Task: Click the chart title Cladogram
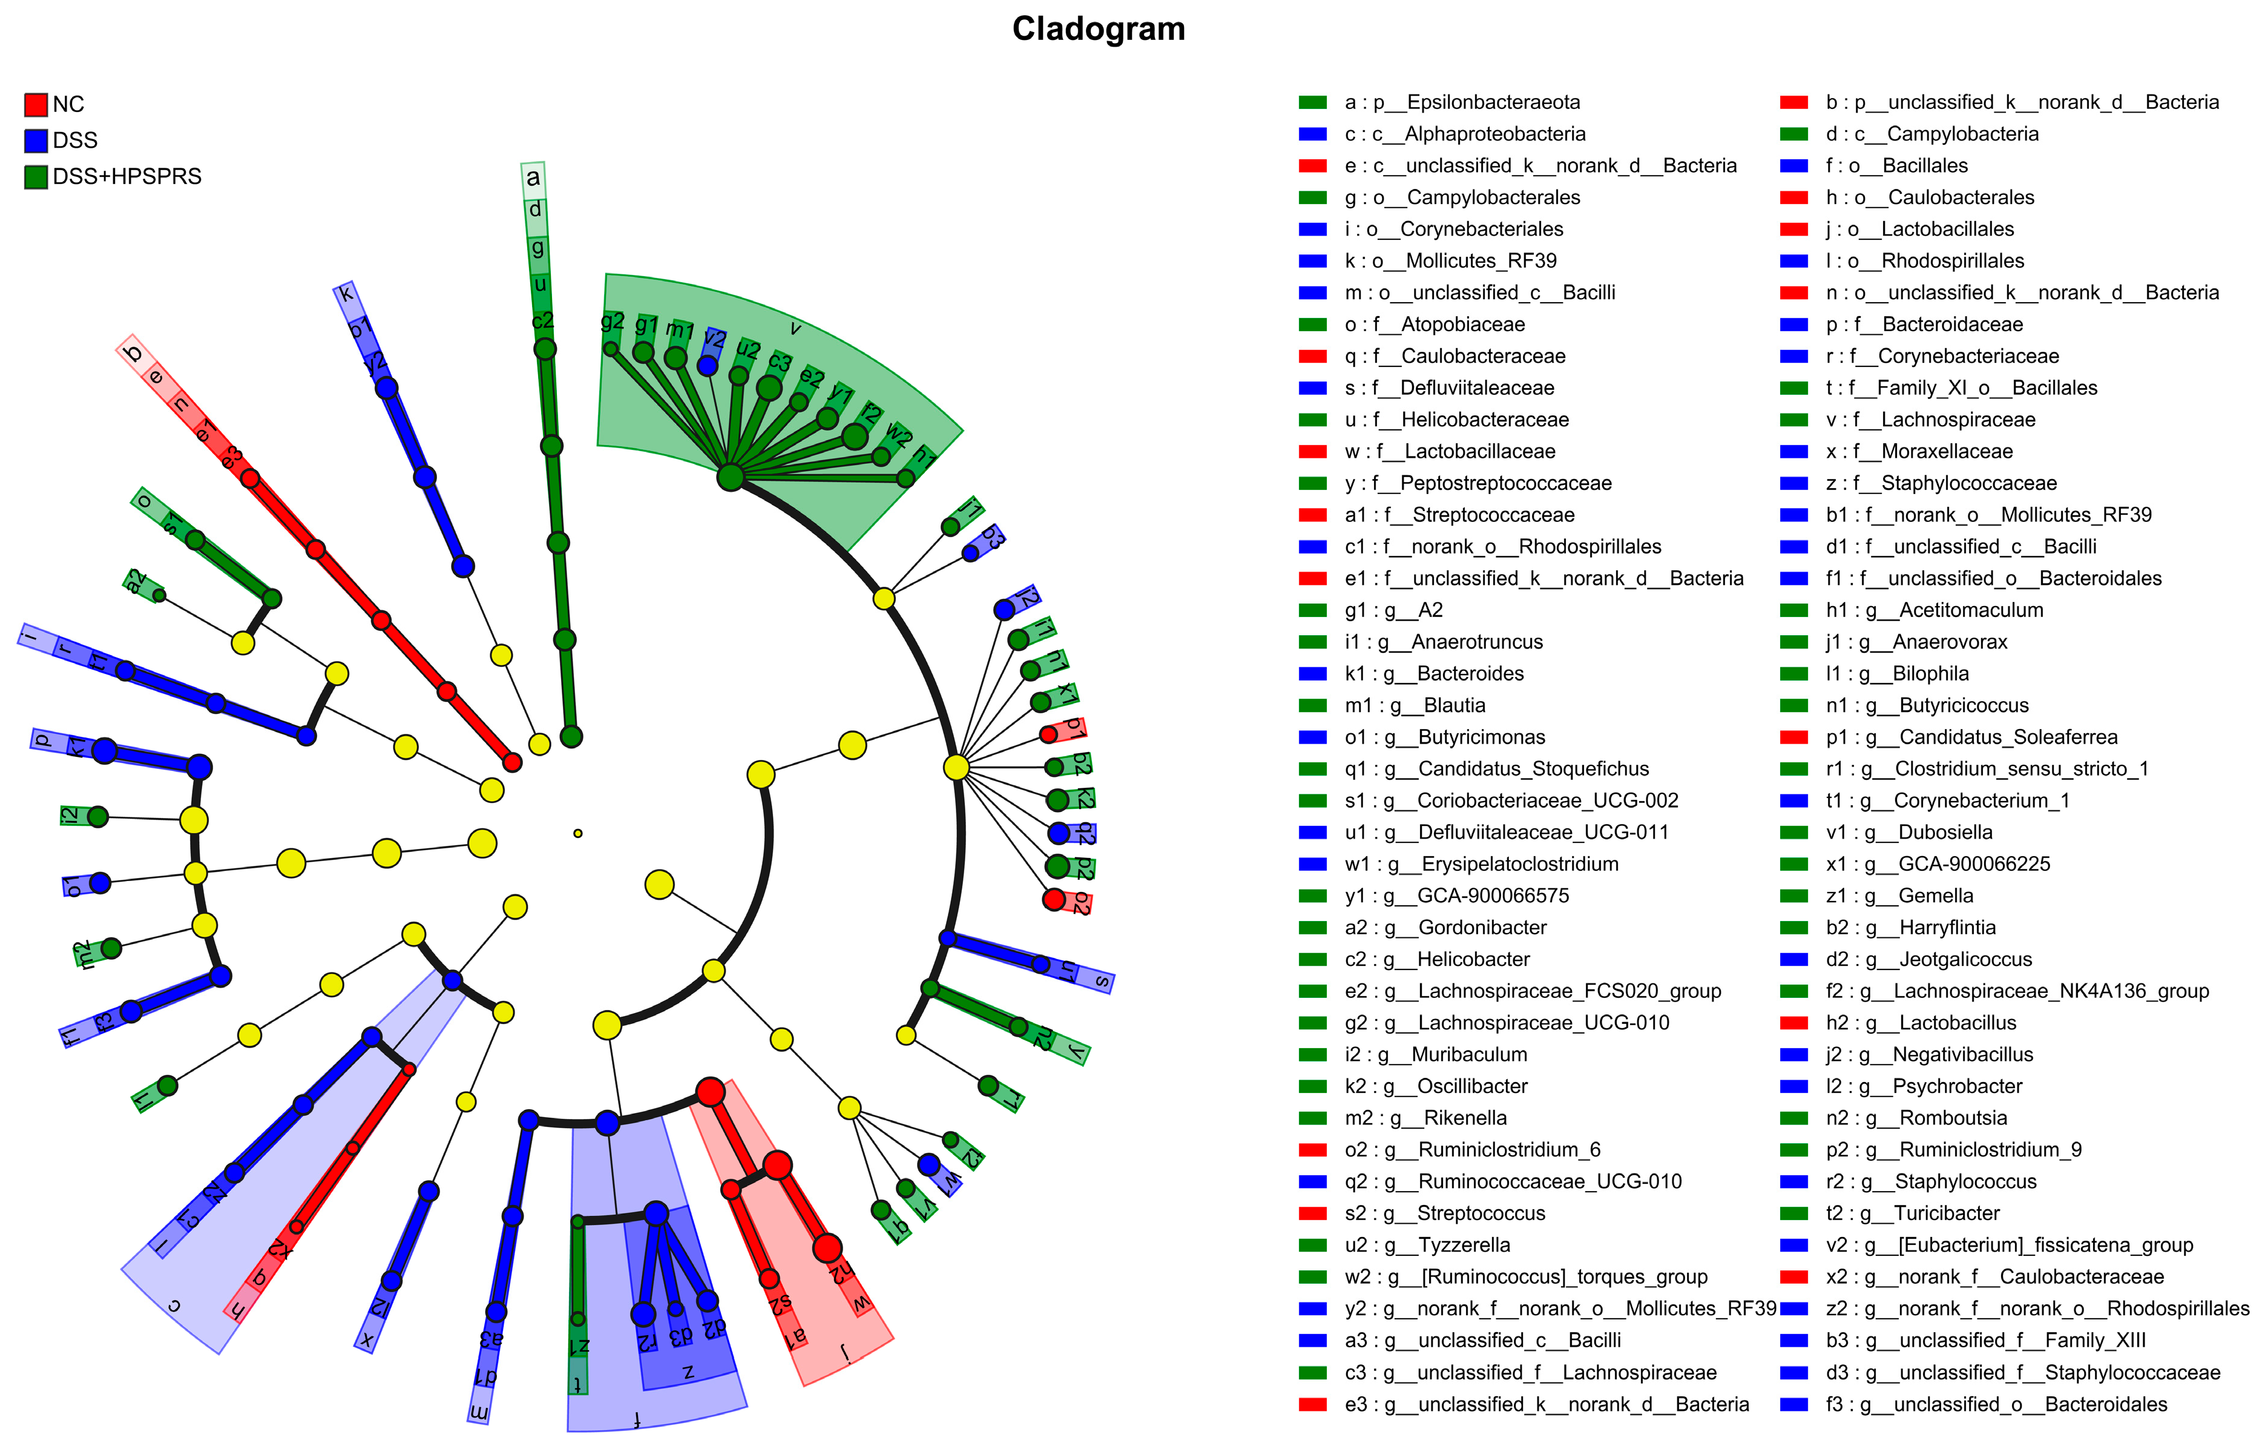pyautogui.click(x=1098, y=28)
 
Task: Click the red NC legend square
pyautogui.click(x=36, y=104)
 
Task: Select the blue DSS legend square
pyautogui.click(x=36, y=140)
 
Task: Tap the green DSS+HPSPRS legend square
pyautogui.click(x=36, y=177)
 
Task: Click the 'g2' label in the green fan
pyautogui.click(x=613, y=322)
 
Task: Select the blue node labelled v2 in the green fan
pyautogui.click(x=708, y=365)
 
